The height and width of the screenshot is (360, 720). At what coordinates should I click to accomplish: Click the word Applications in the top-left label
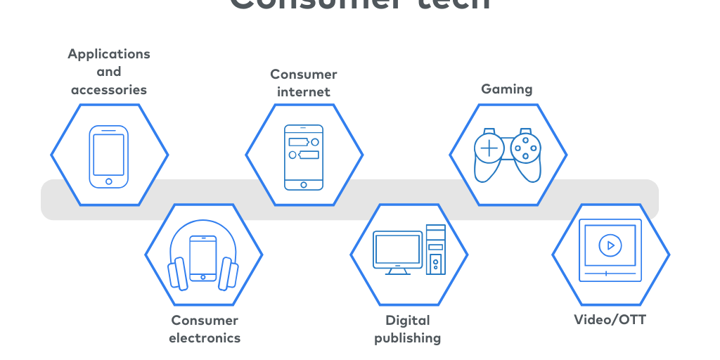(109, 54)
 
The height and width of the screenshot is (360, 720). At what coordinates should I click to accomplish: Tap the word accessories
(109, 90)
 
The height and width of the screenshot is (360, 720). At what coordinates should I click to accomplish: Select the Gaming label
(506, 89)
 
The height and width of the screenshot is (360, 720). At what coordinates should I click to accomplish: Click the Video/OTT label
(610, 320)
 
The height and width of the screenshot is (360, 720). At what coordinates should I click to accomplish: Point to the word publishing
(407, 338)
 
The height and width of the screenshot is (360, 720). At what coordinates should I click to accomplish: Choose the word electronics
(205, 338)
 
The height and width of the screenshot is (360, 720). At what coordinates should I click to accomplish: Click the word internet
(304, 92)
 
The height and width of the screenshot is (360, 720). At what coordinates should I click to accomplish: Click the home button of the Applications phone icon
(109, 181)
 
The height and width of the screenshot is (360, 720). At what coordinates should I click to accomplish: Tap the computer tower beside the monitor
(436, 250)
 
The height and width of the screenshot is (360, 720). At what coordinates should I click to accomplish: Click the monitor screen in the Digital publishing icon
(398, 248)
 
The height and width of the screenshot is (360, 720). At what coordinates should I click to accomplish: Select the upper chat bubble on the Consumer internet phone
(300, 141)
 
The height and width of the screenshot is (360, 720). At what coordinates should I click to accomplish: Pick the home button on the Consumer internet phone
(304, 185)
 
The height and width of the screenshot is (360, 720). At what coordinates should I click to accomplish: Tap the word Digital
(408, 321)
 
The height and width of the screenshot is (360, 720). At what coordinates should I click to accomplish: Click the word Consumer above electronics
(205, 321)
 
